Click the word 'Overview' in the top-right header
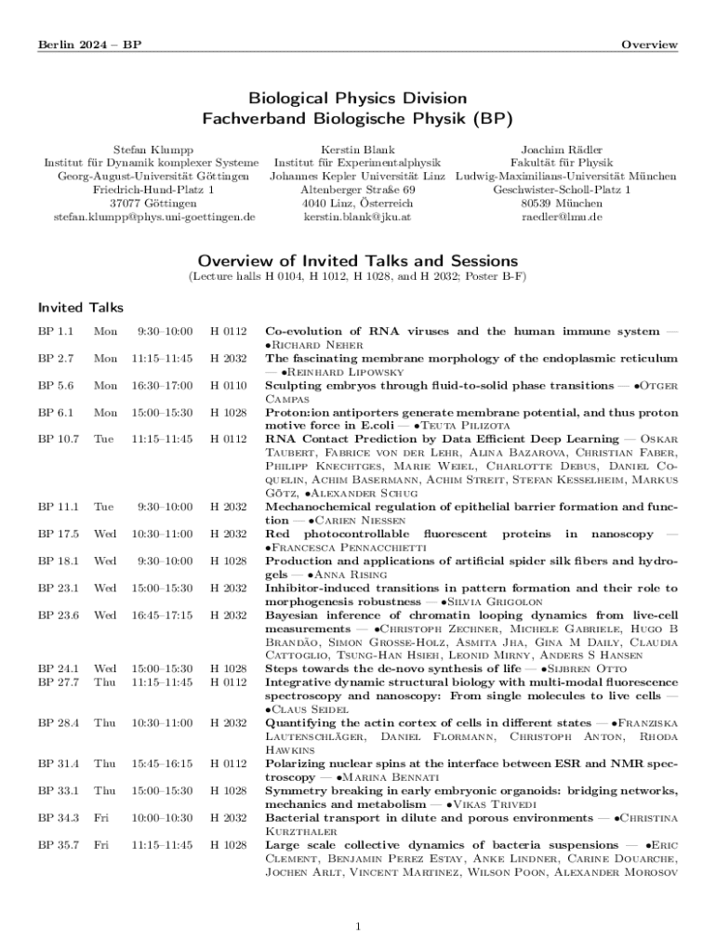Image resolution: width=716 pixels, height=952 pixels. point(649,45)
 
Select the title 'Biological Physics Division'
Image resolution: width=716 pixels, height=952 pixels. point(357,99)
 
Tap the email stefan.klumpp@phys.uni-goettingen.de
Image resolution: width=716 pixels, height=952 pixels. point(153,217)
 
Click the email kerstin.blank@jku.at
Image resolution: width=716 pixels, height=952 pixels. point(357,217)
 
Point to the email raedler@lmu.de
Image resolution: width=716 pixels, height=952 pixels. point(562,217)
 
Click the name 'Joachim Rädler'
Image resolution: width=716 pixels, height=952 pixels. point(562,149)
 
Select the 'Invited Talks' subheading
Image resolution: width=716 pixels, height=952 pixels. point(80,308)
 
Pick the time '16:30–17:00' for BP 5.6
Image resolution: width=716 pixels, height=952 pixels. point(163,385)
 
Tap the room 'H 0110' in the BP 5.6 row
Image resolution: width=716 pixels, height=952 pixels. point(228,385)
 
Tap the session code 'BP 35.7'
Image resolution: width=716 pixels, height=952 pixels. point(59,845)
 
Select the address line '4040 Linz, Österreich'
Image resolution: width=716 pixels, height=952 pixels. point(357,203)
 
